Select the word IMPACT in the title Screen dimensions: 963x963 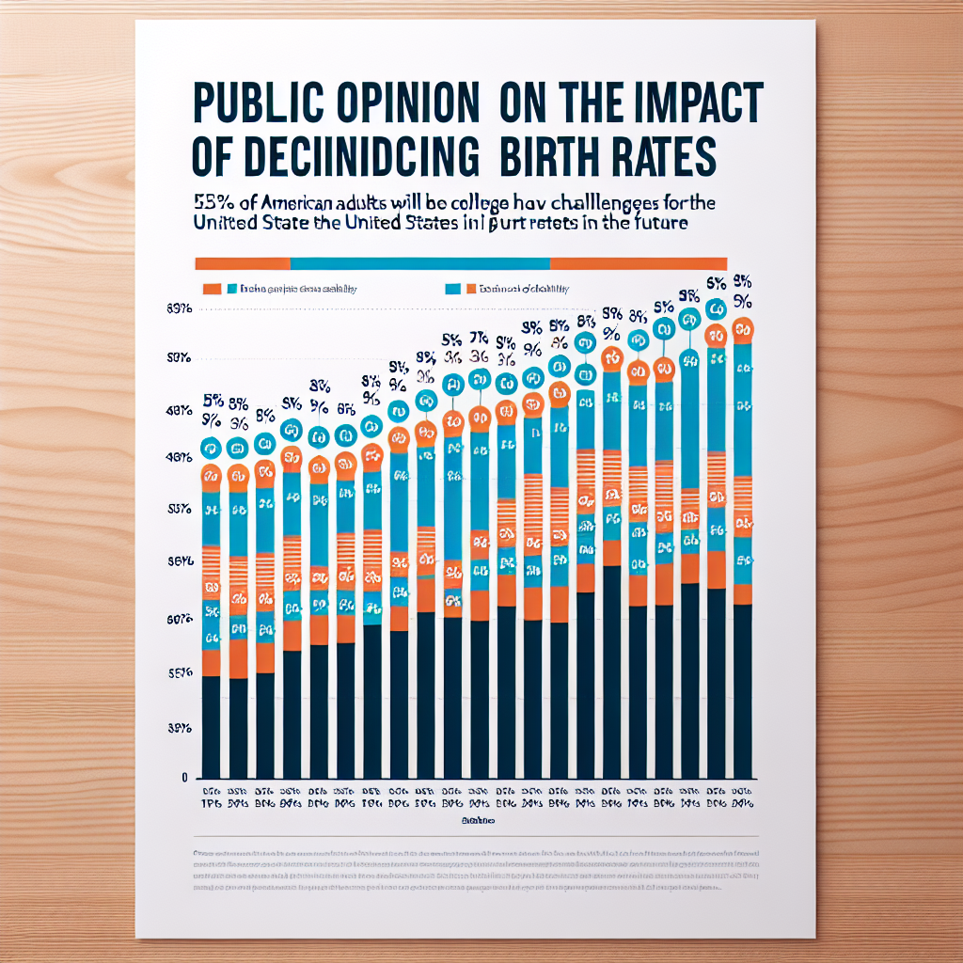click(x=690, y=103)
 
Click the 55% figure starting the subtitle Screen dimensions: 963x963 click(x=213, y=200)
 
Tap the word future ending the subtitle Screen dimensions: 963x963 click(x=658, y=224)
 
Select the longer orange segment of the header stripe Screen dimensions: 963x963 click(x=638, y=263)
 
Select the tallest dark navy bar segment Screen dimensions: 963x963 click(x=611, y=672)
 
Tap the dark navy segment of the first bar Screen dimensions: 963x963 click(x=211, y=727)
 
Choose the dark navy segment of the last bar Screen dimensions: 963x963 click(x=743, y=691)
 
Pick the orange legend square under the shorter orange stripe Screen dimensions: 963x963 click(x=212, y=290)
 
